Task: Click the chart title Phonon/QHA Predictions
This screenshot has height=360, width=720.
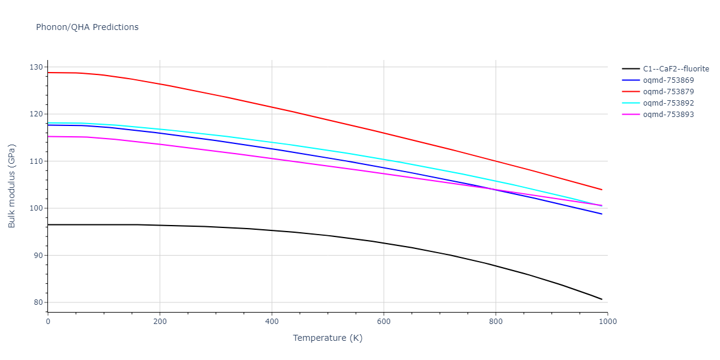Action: (87, 27)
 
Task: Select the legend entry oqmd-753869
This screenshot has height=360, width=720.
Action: (668, 80)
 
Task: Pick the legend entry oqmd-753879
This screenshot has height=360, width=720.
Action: (668, 92)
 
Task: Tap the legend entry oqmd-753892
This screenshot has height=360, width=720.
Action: (668, 103)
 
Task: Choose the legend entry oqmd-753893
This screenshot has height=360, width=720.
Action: (668, 115)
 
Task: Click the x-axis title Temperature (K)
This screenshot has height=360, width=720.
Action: (328, 338)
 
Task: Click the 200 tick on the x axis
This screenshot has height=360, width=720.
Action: (160, 321)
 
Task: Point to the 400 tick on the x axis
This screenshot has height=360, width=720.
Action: (272, 321)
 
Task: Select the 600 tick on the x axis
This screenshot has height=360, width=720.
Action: (384, 321)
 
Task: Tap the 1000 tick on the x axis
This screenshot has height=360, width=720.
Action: (607, 321)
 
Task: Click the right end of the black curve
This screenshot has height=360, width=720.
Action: (602, 299)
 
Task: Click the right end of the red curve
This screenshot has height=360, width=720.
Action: (602, 190)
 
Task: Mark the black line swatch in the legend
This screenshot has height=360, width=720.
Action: (631, 69)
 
